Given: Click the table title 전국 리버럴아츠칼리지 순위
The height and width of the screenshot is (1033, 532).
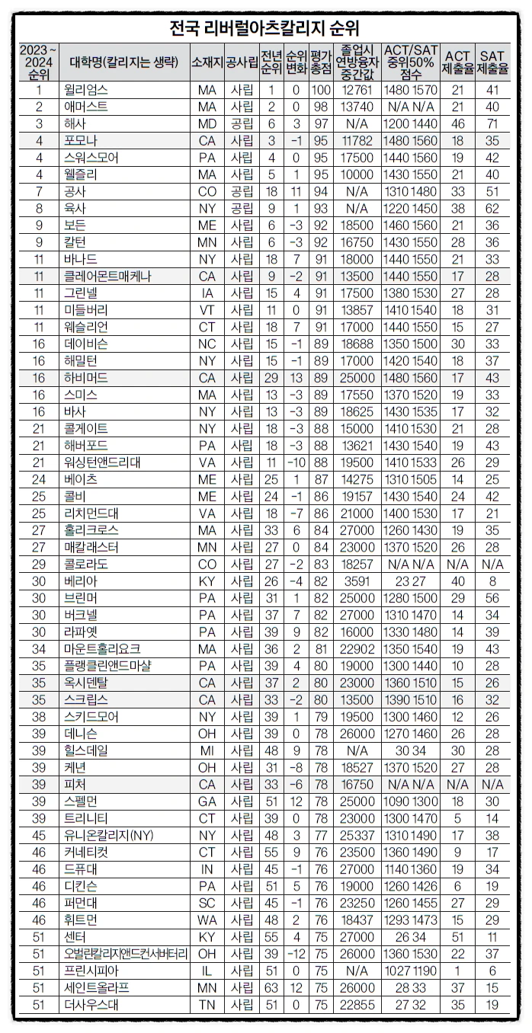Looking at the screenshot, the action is (x=265, y=29).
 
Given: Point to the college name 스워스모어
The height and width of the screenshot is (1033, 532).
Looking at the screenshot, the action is (x=92, y=158).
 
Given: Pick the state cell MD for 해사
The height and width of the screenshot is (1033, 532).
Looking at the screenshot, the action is (x=207, y=123).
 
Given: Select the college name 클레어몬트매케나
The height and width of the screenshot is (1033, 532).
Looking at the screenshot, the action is (x=108, y=276).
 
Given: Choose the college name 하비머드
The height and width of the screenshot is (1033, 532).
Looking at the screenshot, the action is (x=86, y=378).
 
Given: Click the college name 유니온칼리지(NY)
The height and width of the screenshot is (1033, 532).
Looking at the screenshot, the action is (x=103, y=835).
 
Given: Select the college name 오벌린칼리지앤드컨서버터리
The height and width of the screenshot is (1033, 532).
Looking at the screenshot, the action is (x=126, y=954).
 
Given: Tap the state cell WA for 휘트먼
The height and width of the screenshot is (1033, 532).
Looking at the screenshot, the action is (x=207, y=919).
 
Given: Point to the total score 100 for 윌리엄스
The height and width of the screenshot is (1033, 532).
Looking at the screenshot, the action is (x=321, y=90).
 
